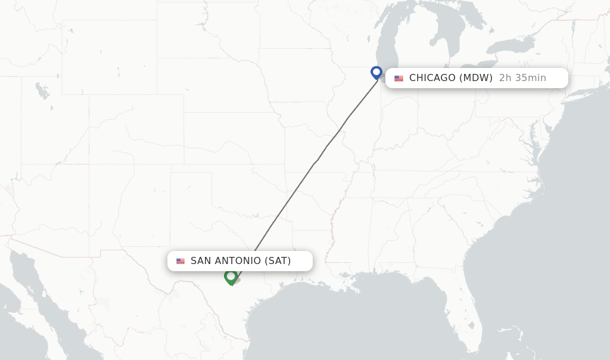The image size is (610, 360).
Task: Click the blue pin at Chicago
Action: [376, 72]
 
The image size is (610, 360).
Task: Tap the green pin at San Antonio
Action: [231, 277]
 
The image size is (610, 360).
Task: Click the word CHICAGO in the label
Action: [432, 78]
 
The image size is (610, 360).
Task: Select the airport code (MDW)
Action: [476, 78]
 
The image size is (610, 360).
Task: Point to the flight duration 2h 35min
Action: [522, 78]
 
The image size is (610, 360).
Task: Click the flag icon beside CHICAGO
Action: [399, 79]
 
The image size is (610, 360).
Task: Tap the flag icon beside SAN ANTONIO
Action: [180, 261]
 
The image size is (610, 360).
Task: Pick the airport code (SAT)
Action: [278, 261]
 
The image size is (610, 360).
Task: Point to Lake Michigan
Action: [387, 36]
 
